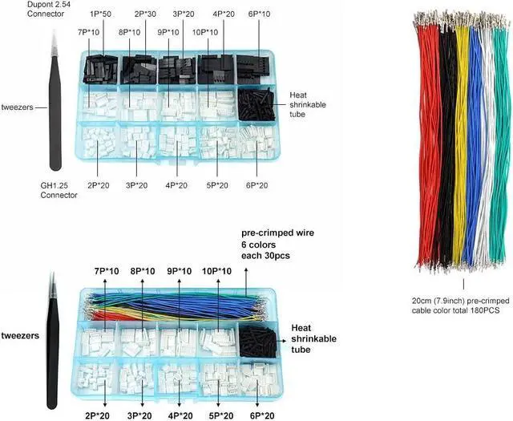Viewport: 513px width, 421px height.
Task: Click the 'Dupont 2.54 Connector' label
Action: tap(30, 10)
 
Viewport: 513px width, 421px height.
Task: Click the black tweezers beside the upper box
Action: tap(54, 104)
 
